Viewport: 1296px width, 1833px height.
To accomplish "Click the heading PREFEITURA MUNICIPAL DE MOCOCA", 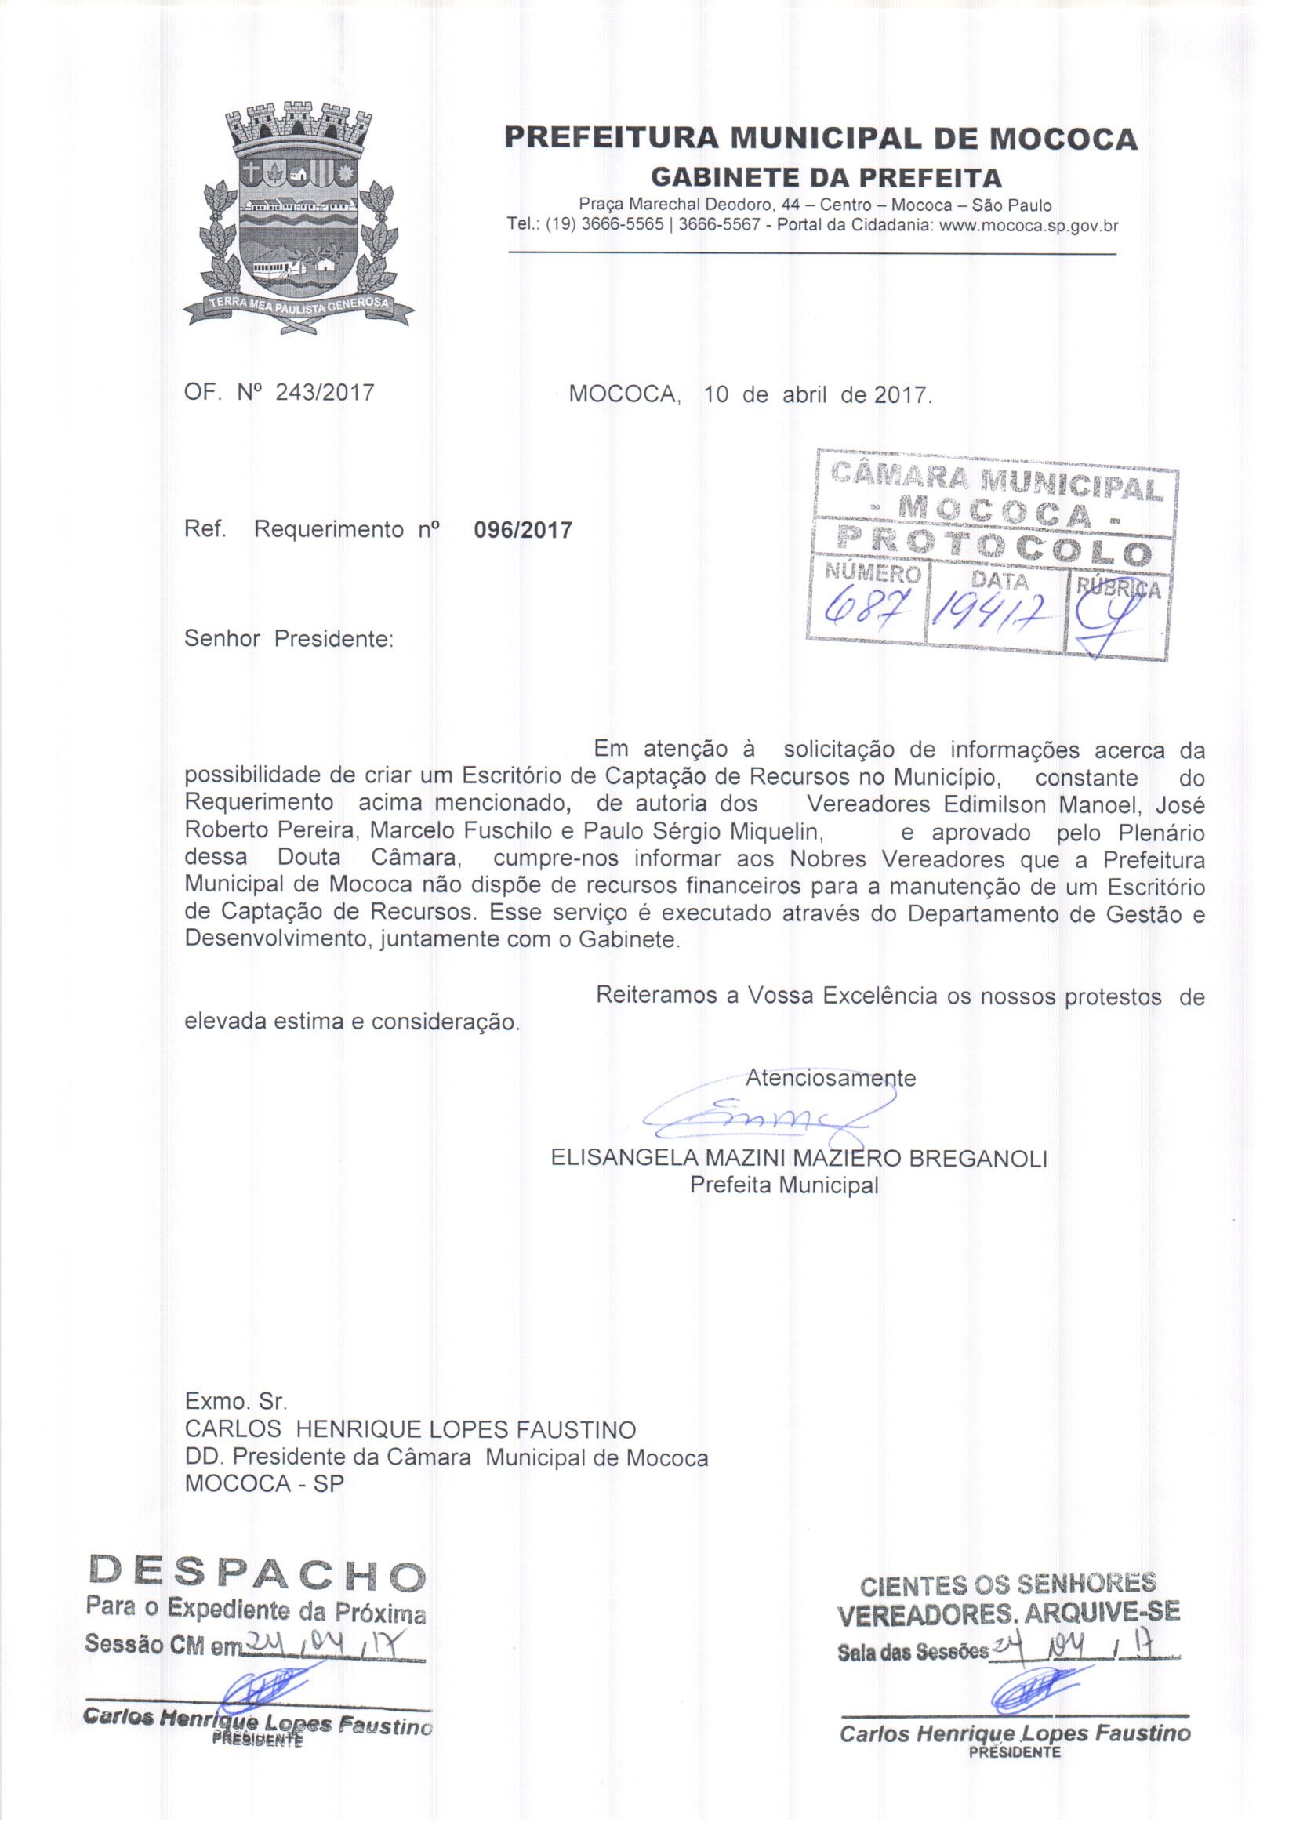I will [x=820, y=139].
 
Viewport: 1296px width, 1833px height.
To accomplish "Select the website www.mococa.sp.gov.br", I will [x=1029, y=226].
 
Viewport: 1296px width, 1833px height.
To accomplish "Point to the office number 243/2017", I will [x=325, y=393].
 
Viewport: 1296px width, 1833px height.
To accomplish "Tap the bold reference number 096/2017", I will [x=523, y=530].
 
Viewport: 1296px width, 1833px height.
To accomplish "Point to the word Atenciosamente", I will [x=830, y=1078].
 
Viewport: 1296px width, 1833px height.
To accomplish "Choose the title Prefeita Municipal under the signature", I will [x=784, y=1185].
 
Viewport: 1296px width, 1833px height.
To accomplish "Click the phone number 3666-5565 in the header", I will [x=622, y=226].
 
